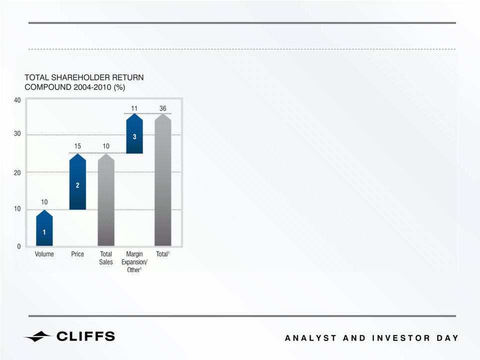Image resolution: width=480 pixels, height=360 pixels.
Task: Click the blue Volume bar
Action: [44, 228]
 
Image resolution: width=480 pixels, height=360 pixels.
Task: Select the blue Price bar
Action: [77, 182]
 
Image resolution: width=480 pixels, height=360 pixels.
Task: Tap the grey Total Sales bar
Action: [106, 200]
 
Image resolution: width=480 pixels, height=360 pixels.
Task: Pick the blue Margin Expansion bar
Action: [134, 133]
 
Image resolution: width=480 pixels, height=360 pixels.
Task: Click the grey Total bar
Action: [163, 180]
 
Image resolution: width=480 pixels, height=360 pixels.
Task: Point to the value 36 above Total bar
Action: [163, 108]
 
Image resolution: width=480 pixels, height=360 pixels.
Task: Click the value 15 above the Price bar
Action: [77, 146]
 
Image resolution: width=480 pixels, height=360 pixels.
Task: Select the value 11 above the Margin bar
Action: [134, 108]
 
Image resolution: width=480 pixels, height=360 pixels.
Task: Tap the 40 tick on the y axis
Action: [17, 100]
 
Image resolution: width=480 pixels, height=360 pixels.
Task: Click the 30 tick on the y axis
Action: [17, 133]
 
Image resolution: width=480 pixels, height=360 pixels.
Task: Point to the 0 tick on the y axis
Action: [19, 247]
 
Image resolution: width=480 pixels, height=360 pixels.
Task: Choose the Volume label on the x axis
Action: [44, 254]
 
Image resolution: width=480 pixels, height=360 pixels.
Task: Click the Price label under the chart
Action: [77, 254]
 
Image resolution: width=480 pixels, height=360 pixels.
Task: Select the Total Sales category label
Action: [106, 258]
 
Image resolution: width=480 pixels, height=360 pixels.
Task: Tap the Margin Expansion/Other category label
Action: [134, 262]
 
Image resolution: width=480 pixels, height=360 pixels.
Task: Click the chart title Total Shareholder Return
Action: [84, 77]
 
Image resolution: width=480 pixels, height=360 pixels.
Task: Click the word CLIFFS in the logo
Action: [86, 337]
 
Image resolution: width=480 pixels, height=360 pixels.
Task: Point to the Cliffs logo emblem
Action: [37, 337]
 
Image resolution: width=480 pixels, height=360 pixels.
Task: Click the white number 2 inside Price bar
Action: [77, 185]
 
